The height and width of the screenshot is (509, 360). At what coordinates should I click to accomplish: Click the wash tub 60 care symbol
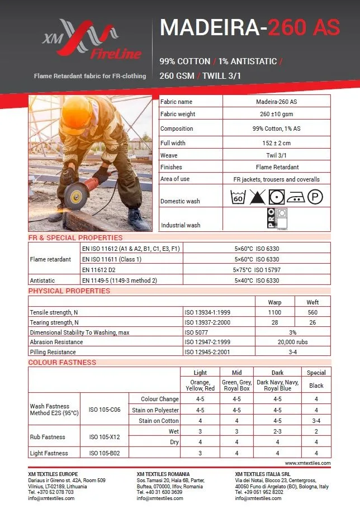238,197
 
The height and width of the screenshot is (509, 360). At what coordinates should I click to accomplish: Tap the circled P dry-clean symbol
316,197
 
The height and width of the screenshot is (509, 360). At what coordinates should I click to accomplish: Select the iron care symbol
296,197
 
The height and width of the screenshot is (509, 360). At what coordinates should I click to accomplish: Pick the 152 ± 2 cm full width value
276,143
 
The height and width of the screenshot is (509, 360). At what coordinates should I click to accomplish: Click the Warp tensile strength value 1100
274,312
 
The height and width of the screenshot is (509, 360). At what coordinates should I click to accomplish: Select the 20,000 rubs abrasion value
293,342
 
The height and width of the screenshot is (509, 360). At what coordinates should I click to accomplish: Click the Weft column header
312,302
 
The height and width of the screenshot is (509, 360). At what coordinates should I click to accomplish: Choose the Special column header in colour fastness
316,373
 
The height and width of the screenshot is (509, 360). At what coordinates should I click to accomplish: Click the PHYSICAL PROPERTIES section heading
69,291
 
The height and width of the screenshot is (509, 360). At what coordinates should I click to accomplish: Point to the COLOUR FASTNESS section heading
63,362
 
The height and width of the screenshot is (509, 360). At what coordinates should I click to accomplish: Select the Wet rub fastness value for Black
316,431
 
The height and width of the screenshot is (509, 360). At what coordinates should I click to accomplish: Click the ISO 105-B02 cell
105,453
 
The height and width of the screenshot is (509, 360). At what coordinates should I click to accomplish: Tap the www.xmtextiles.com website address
307,463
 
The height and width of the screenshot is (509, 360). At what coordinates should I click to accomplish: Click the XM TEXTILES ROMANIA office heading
163,474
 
